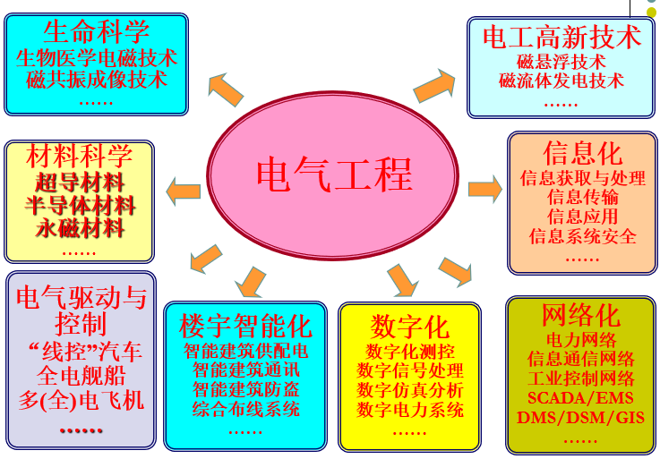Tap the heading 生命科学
tap(96, 32)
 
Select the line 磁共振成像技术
tap(97, 79)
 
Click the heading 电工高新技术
tap(561, 37)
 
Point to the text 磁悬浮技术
tap(561, 62)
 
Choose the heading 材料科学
tap(80, 156)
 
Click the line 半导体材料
tap(81, 205)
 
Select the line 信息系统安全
tap(583, 236)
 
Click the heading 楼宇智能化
tap(245, 324)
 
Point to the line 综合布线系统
tap(245, 410)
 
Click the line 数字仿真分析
tap(410, 390)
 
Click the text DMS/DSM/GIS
tap(581, 418)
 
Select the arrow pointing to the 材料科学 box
tap(184, 191)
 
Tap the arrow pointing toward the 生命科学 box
tap(225, 87)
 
